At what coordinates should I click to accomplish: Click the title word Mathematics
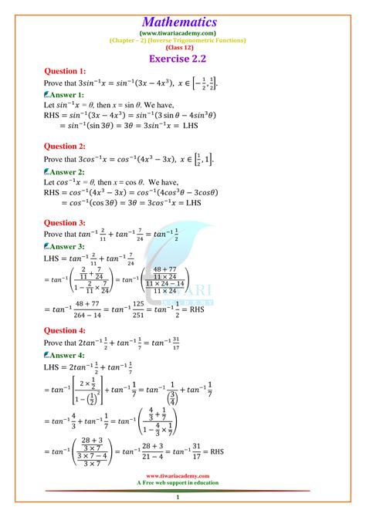coord(183,22)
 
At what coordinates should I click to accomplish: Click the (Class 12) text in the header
coord(183,47)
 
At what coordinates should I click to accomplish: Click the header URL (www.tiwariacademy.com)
coord(183,34)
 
